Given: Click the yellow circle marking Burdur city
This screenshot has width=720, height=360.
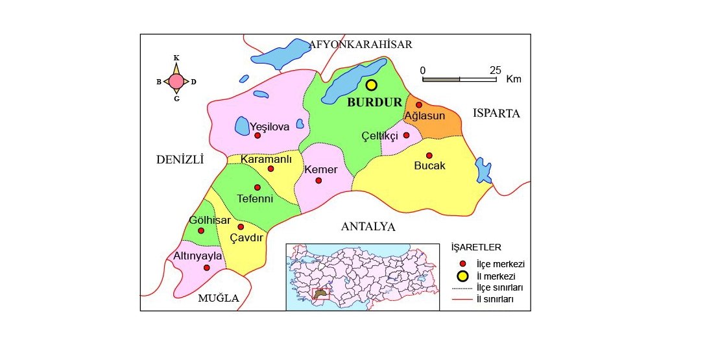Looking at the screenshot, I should [371, 85].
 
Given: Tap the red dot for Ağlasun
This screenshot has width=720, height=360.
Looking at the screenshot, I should [419, 105].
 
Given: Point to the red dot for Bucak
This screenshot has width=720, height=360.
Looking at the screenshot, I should [429, 155].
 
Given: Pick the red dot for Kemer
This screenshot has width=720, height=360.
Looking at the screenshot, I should [318, 180].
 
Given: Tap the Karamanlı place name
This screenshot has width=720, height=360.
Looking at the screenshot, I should [267, 159].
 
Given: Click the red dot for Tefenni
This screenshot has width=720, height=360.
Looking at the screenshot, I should [258, 187].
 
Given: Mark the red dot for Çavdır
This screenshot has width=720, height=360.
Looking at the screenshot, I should [241, 227].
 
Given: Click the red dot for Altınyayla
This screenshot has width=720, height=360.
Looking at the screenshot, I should [206, 267].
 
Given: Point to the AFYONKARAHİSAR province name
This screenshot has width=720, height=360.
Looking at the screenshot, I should [361, 44].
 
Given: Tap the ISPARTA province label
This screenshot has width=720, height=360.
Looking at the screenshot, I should [496, 114].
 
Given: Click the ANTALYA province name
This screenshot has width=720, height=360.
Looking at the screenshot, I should [368, 227].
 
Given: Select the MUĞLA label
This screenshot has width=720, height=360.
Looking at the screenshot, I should [218, 298].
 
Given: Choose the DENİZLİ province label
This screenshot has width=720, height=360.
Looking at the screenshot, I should [180, 160].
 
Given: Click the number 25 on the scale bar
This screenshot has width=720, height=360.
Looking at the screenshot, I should [496, 69].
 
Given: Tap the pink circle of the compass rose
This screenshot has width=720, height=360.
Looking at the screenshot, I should [176, 82].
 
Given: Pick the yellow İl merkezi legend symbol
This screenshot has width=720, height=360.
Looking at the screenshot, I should [462, 276].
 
